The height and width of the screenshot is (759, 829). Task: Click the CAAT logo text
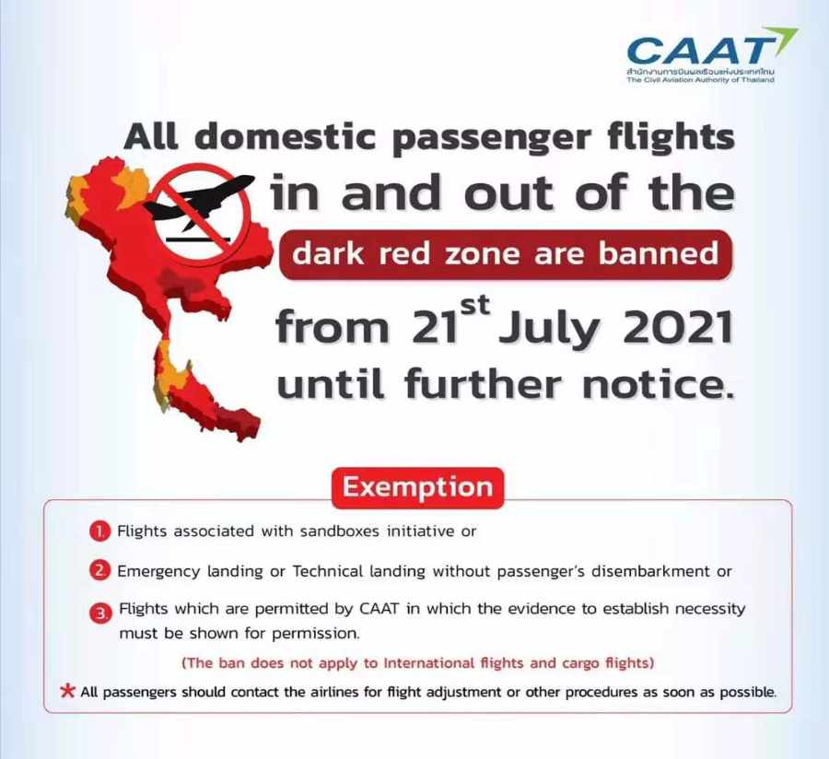[x=699, y=52]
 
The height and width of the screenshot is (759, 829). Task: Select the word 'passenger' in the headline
[x=494, y=138]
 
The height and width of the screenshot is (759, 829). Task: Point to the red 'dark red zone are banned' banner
[x=506, y=254]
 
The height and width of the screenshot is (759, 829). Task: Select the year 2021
[x=678, y=327]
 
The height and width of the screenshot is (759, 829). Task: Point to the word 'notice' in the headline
[x=658, y=383]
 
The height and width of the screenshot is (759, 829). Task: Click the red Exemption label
[x=417, y=486]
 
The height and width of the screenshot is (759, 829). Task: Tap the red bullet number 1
[x=99, y=531]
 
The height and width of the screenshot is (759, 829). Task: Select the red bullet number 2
[x=99, y=571]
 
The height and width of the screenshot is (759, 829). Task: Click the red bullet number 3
[x=101, y=613]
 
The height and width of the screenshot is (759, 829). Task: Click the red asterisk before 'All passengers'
[x=67, y=691]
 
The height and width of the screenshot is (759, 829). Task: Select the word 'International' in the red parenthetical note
[x=428, y=662]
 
